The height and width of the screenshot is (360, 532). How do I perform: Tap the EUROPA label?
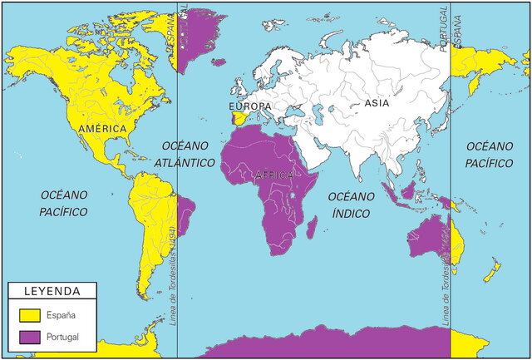(x=250, y=106)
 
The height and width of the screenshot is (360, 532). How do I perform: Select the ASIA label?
(x=377, y=104)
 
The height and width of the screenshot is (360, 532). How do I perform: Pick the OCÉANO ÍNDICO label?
(x=353, y=204)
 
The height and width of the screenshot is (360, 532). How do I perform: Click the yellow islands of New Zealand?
(x=490, y=270)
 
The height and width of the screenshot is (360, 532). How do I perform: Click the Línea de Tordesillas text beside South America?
(x=172, y=274)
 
